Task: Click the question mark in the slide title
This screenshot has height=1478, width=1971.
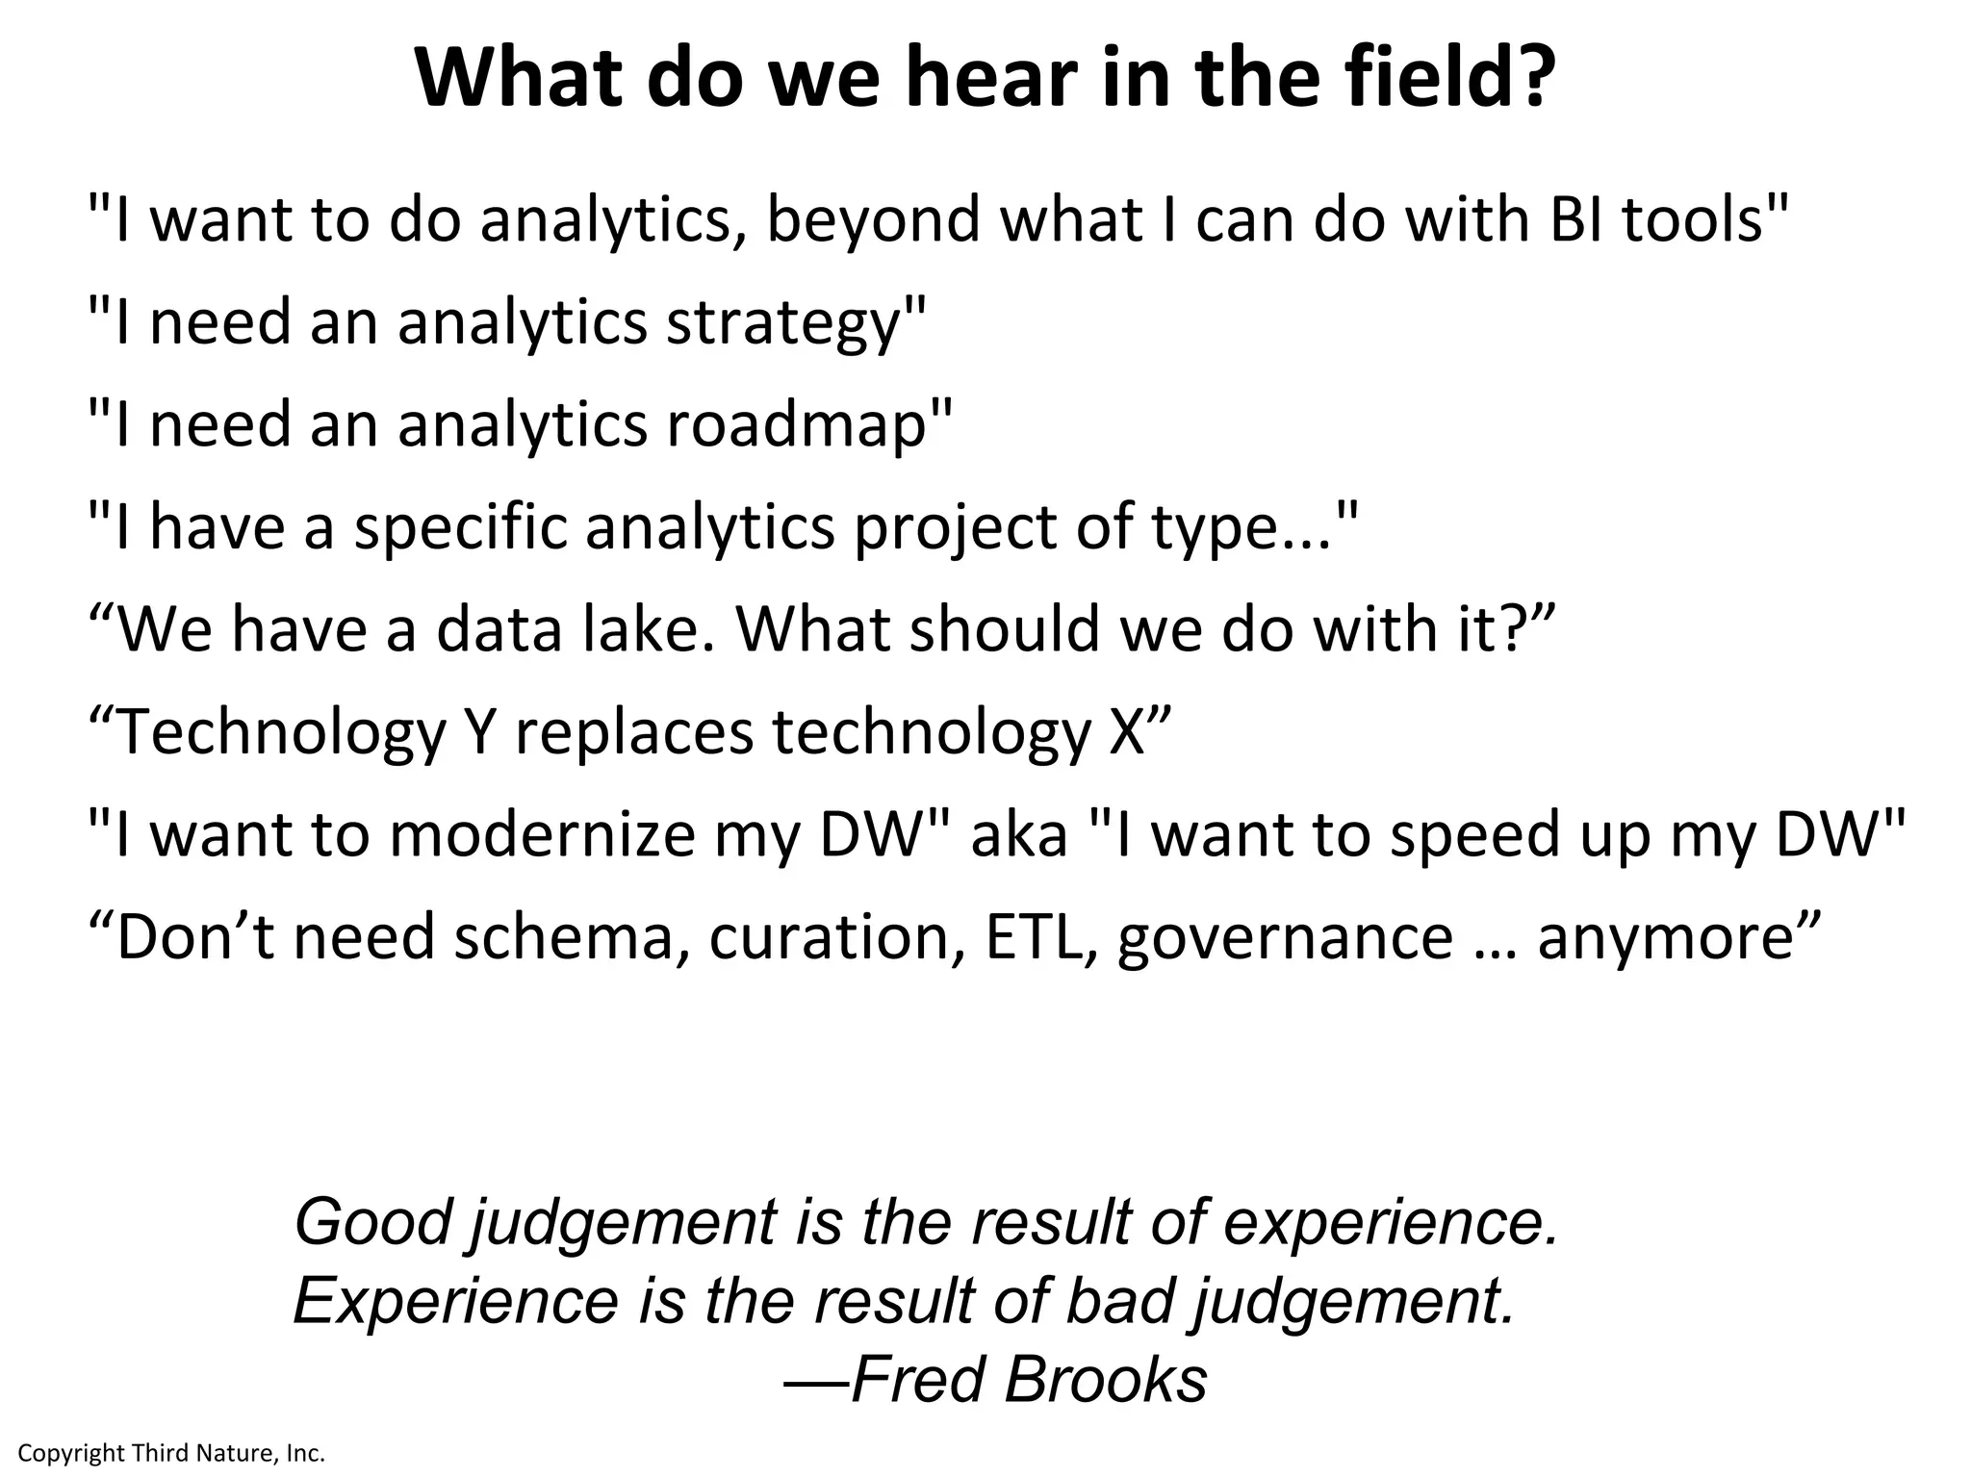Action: (x=1530, y=79)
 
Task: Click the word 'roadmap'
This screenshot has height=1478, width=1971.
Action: (x=795, y=425)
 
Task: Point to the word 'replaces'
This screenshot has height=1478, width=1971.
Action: (x=633, y=733)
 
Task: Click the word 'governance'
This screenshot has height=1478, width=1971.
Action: (x=1286, y=937)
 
